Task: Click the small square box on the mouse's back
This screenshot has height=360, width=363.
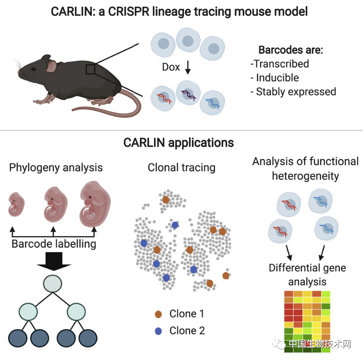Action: tap(91, 69)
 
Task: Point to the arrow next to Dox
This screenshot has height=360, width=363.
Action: tap(188, 67)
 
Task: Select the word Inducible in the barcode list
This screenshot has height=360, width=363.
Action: tap(277, 78)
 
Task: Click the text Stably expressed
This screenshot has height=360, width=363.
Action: tap(296, 92)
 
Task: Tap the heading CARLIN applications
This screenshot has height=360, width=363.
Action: tap(179, 143)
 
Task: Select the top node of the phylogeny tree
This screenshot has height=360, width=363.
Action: tap(53, 284)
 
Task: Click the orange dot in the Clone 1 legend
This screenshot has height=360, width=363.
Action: tap(159, 314)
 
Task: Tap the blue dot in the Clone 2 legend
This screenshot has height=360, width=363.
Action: tap(159, 331)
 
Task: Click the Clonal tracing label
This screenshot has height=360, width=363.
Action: tap(182, 168)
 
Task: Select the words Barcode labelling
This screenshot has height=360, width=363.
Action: tap(54, 244)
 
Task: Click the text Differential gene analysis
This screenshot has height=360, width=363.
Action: tap(307, 275)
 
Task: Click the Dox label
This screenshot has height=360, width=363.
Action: tap(171, 67)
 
